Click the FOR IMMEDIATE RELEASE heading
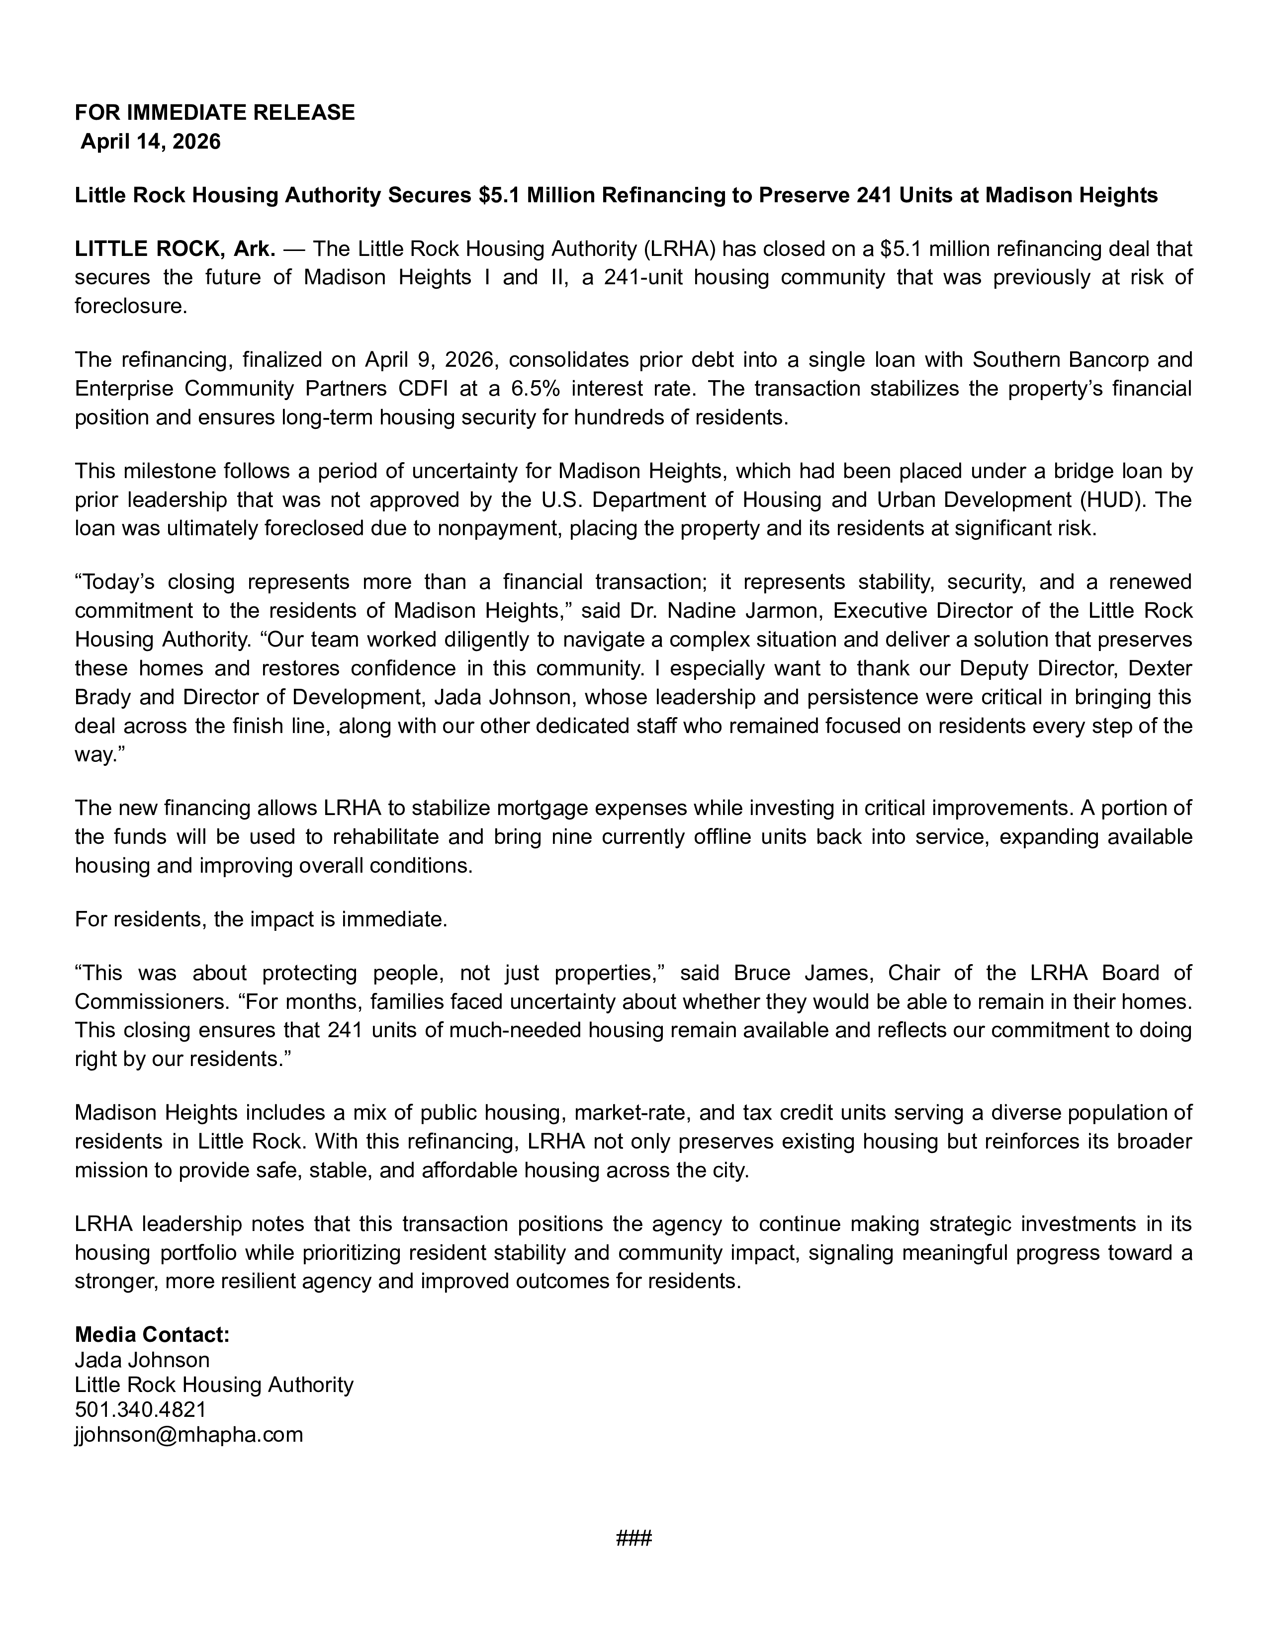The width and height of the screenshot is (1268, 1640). [214, 113]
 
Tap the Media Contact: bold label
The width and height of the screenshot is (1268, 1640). [152, 1335]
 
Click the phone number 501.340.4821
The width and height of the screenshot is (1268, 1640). [140, 1409]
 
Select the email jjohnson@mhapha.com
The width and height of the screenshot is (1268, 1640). [188, 1435]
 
